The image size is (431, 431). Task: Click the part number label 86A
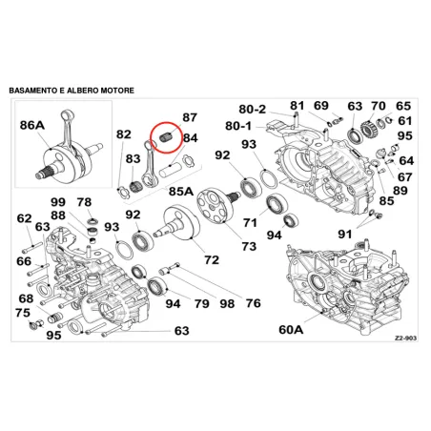(32, 125)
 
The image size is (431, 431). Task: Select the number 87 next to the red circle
(190, 117)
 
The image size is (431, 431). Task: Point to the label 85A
(181, 192)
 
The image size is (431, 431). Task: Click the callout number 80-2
(253, 109)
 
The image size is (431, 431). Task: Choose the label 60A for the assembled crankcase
(291, 330)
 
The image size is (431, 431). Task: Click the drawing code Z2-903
(405, 339)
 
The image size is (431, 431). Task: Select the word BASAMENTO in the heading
(33, 91)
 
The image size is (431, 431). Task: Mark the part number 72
(212, 259)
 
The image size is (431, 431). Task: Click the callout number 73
(249, 246)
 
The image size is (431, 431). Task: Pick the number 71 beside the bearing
(250, 222)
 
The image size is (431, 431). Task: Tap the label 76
(253, 303)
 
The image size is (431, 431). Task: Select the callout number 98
(227, 303)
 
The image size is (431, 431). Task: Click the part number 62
(24, 218)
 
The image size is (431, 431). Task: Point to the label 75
(23, 313)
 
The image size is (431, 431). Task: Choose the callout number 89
(400, 191)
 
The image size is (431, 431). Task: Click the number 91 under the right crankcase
(345, 235)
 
